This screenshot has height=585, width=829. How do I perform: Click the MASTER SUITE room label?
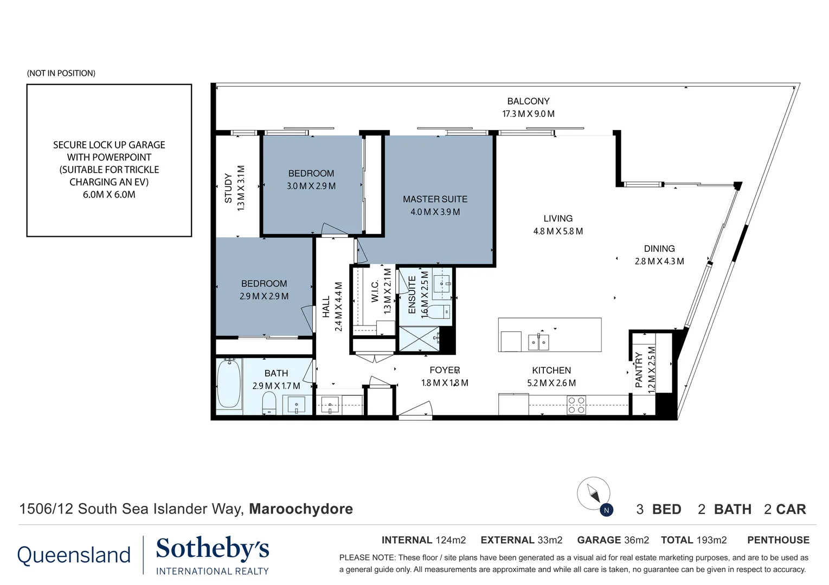(x=435, y=199)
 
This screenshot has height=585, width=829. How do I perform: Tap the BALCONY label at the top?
(x=528, y=101)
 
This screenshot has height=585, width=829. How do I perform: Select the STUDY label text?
(x=228, y=188)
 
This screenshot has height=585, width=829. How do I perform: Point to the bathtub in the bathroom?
(x=229, y=384)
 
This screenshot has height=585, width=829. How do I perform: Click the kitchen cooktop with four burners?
(x=576, y=405)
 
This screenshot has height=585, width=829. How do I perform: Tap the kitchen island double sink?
(x=539, y=342)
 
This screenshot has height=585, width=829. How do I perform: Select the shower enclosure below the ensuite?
(x=419, y=339)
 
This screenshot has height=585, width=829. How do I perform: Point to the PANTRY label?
(x=639, y=370)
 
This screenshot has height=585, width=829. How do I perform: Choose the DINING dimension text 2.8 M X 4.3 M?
(x=659, y=261)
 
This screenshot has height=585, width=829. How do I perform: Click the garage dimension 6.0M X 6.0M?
(x=109, y=194)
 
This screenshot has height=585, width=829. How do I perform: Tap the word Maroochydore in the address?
(x=301, y=509)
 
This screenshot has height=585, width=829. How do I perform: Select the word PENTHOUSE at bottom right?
(x=778, y=540)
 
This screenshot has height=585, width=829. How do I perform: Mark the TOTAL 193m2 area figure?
(x=693, y=540)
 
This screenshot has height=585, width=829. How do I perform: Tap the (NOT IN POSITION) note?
(x=61, y=73)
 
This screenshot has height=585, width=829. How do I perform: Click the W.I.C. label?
(x=375, y=291)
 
